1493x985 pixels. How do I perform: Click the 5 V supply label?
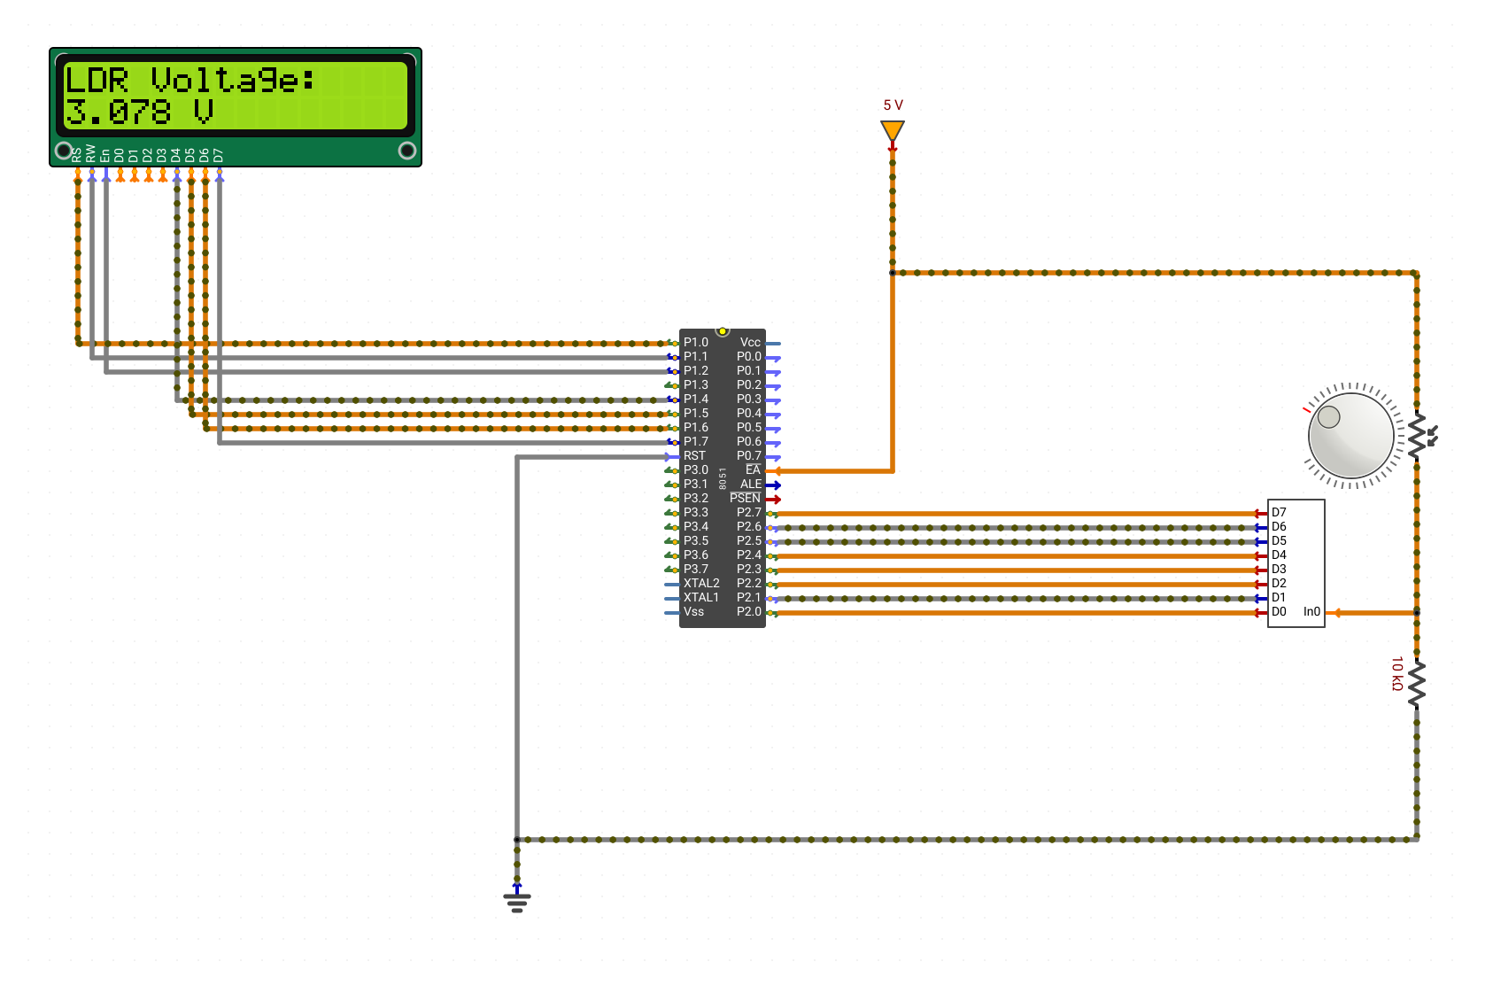[893, 105]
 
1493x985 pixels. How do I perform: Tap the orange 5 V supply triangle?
[893, 130]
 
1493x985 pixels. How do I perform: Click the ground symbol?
[517, 901]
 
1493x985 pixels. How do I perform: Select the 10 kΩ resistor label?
[1397, 673]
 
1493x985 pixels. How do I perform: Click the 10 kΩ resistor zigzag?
[1417, 684]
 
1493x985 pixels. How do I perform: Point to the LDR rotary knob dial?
[1351, 436]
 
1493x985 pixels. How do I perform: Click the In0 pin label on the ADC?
[1311, 611]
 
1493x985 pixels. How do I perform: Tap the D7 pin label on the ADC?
[1279, 512]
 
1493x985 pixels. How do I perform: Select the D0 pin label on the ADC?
[1279, 611]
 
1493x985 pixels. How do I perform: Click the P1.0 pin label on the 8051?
[696, 342]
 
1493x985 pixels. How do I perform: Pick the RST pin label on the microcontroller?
[694, 455]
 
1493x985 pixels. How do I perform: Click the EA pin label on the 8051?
[753, 469]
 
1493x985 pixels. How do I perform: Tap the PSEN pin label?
[745, 498]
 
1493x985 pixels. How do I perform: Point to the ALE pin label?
[751, 485]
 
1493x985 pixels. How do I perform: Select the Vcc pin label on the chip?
[750, 342]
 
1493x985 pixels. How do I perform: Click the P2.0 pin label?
[748, 611]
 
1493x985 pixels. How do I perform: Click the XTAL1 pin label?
[701, 598]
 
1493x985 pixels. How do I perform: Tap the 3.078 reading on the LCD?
[118, 112]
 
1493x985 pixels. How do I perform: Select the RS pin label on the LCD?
[76, 155]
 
